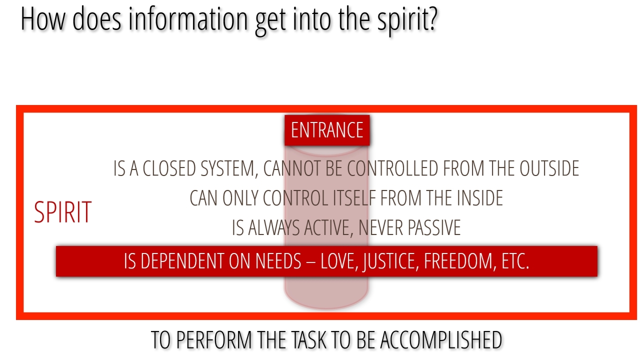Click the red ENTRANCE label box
coord(327,130)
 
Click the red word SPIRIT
coord(63,212)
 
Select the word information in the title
coord(188,18)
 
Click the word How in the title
coord(43,19)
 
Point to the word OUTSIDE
coord(549,168)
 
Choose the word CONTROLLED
coord(392,168)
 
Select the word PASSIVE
coord(434,227)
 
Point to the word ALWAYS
coord(273,227)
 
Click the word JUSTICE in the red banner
coord(391,261)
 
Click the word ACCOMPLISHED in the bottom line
coord(441,340)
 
